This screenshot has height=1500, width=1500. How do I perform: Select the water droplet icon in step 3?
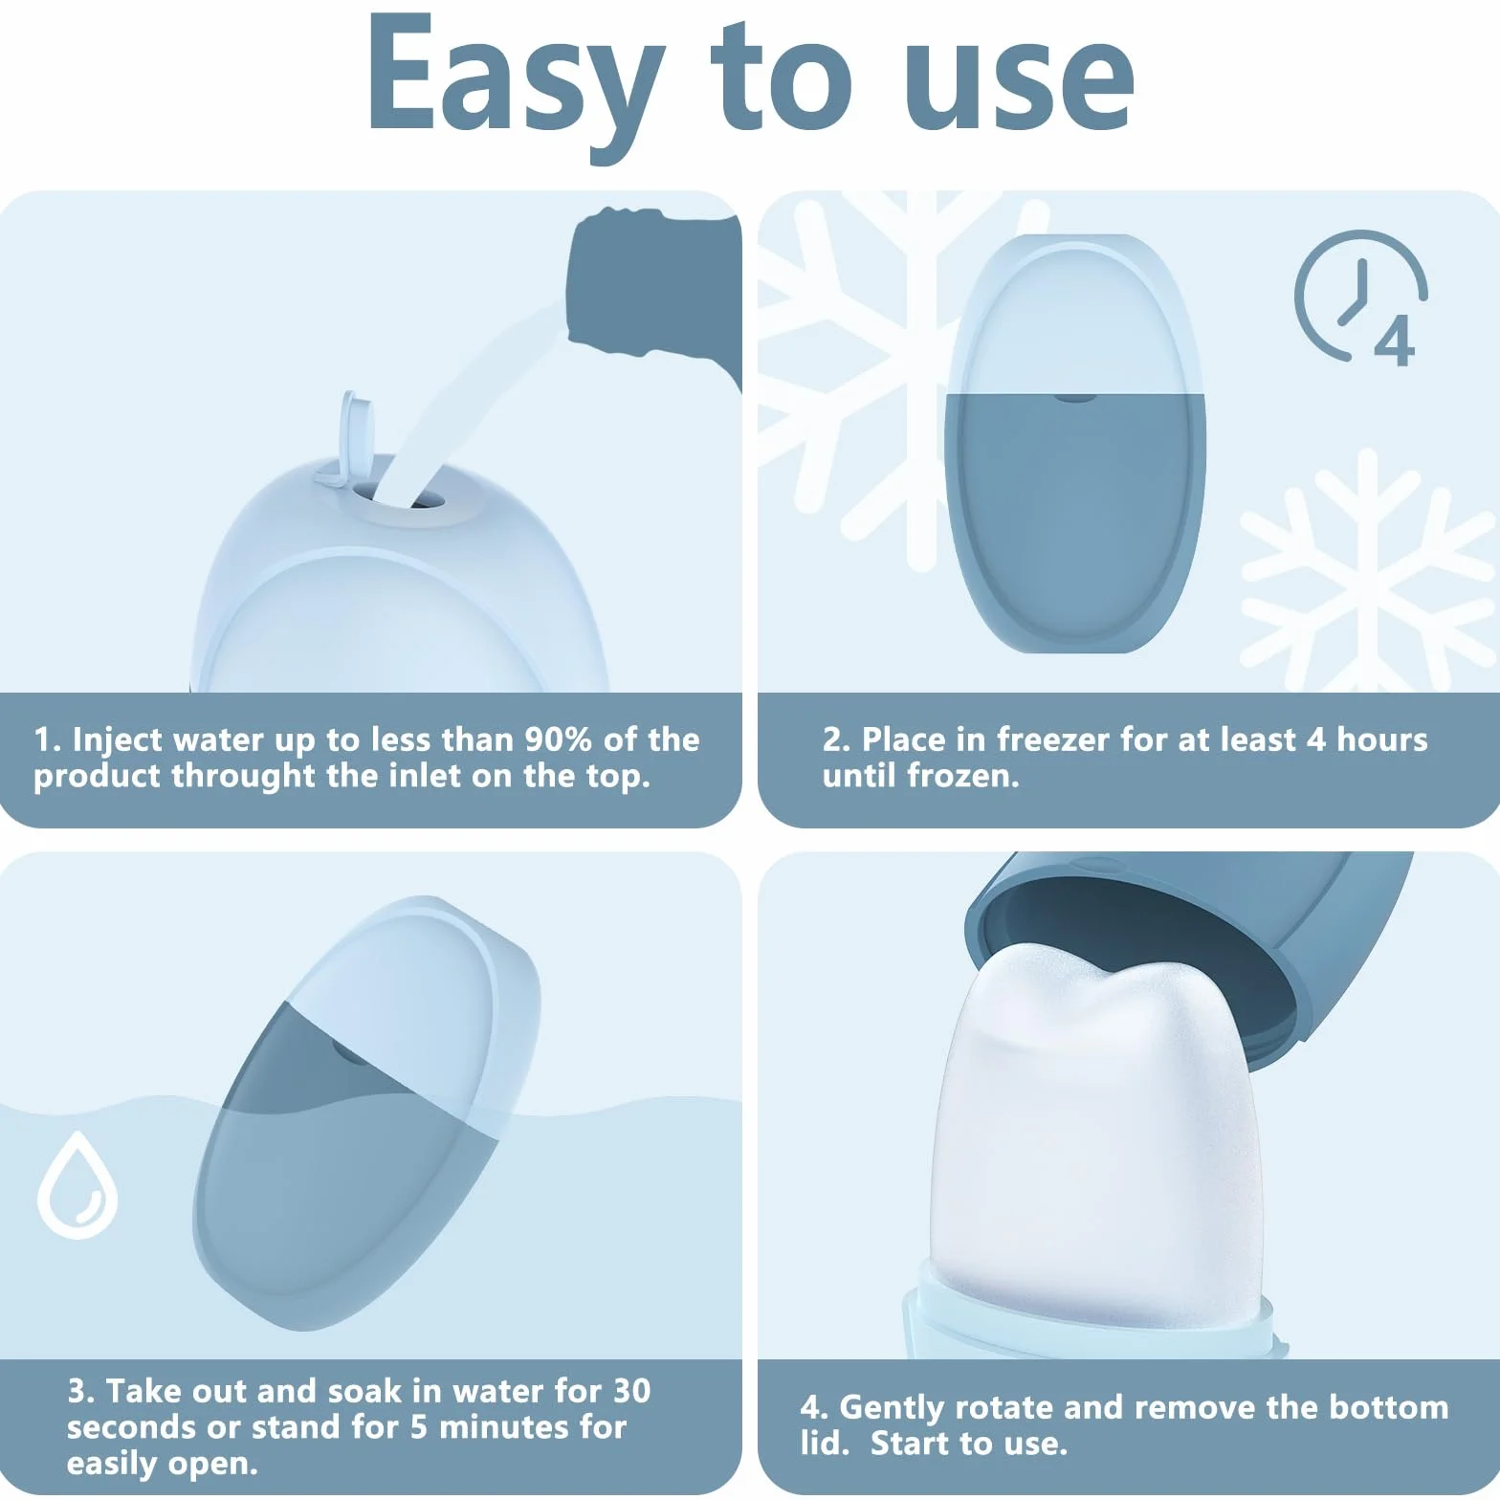click(77, 1185)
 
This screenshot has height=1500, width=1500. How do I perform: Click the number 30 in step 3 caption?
click(631, 1390)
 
